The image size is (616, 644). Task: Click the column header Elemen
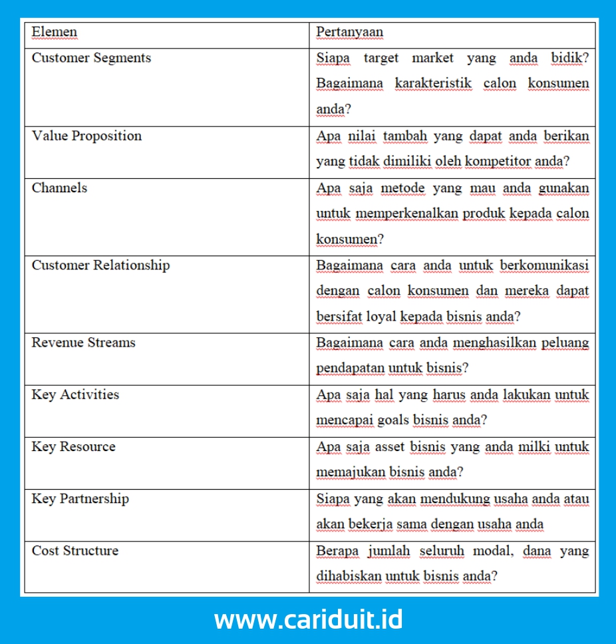click(55, 32)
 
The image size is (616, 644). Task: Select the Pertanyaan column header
click(349, 32)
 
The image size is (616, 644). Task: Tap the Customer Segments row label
click(91, 58)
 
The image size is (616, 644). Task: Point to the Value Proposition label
click(86, 136)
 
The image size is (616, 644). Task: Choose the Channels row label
click(59, 188)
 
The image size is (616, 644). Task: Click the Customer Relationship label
click(100, 265)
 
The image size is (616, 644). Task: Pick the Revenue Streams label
click(83, 343)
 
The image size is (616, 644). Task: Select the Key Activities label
click(75, 395)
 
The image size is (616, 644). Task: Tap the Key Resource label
click(73, 446)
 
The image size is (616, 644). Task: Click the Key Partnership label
click(80, 498)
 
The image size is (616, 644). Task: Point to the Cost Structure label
click(75, 550)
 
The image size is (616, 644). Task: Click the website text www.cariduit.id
click(308, 620)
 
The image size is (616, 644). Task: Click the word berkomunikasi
click(544, 265)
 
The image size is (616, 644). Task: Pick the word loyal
click(381, 317)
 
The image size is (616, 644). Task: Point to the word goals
click(393, 420)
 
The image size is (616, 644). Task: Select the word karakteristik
click(433, 84)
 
